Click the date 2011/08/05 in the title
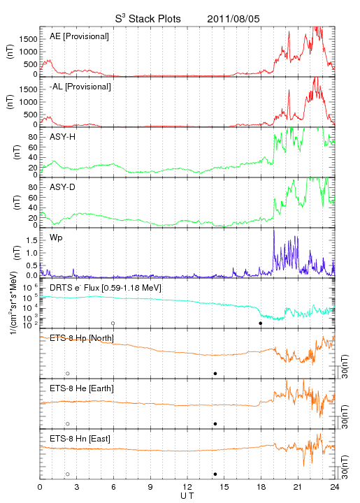point(233,19)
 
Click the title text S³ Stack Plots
point(148,19)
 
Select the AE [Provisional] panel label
point(79,36)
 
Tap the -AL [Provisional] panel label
point(80,87)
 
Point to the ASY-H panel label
point(63,137)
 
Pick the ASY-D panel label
point(63,187)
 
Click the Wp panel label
point(56,238)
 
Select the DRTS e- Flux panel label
point(106,288)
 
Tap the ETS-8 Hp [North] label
point(82,338)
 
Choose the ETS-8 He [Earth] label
point(82,388)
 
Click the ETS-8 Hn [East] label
point(80,439)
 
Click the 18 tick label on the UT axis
point(261,487)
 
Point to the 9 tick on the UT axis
point(150,487)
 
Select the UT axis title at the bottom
point(187,496)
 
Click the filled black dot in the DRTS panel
point(261,323)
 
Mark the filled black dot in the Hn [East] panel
point(215,474)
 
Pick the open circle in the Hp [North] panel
point(68,372)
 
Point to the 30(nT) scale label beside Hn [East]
point(345,467)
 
